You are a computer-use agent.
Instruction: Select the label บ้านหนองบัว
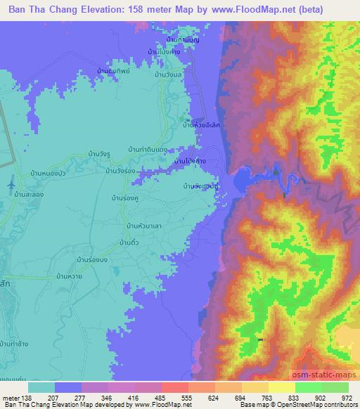click(x=46, y=171)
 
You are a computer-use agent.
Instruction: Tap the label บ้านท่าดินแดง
click(x=147, y=150)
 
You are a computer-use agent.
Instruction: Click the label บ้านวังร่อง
click(x=120, y=170)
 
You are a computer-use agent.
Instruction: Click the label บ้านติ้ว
click(x=131, y=242)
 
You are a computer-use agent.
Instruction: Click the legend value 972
click(x=345, y=397)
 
